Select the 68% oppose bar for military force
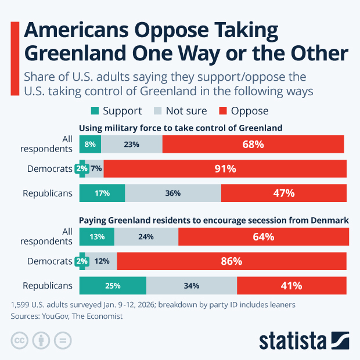[x=253, y=145]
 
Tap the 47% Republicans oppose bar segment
[x=283, y=193]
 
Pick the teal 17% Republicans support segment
[x=102, y=193]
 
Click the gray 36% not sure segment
[x=173, y=193]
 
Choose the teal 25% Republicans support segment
[x=113, y=286]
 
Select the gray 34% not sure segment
[x=192, y=286]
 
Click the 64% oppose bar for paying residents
[x=263, y=237]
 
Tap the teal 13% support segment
[x=97, y=237]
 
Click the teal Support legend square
[x=95, y=111]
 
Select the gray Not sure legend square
[x=157, y=111]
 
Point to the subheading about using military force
[x=181, y=128]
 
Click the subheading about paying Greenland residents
[x=213, y=220]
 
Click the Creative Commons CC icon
[x=20, y=340]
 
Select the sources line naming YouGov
[x=67, y=316]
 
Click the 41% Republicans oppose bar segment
[x=291, y=286]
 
